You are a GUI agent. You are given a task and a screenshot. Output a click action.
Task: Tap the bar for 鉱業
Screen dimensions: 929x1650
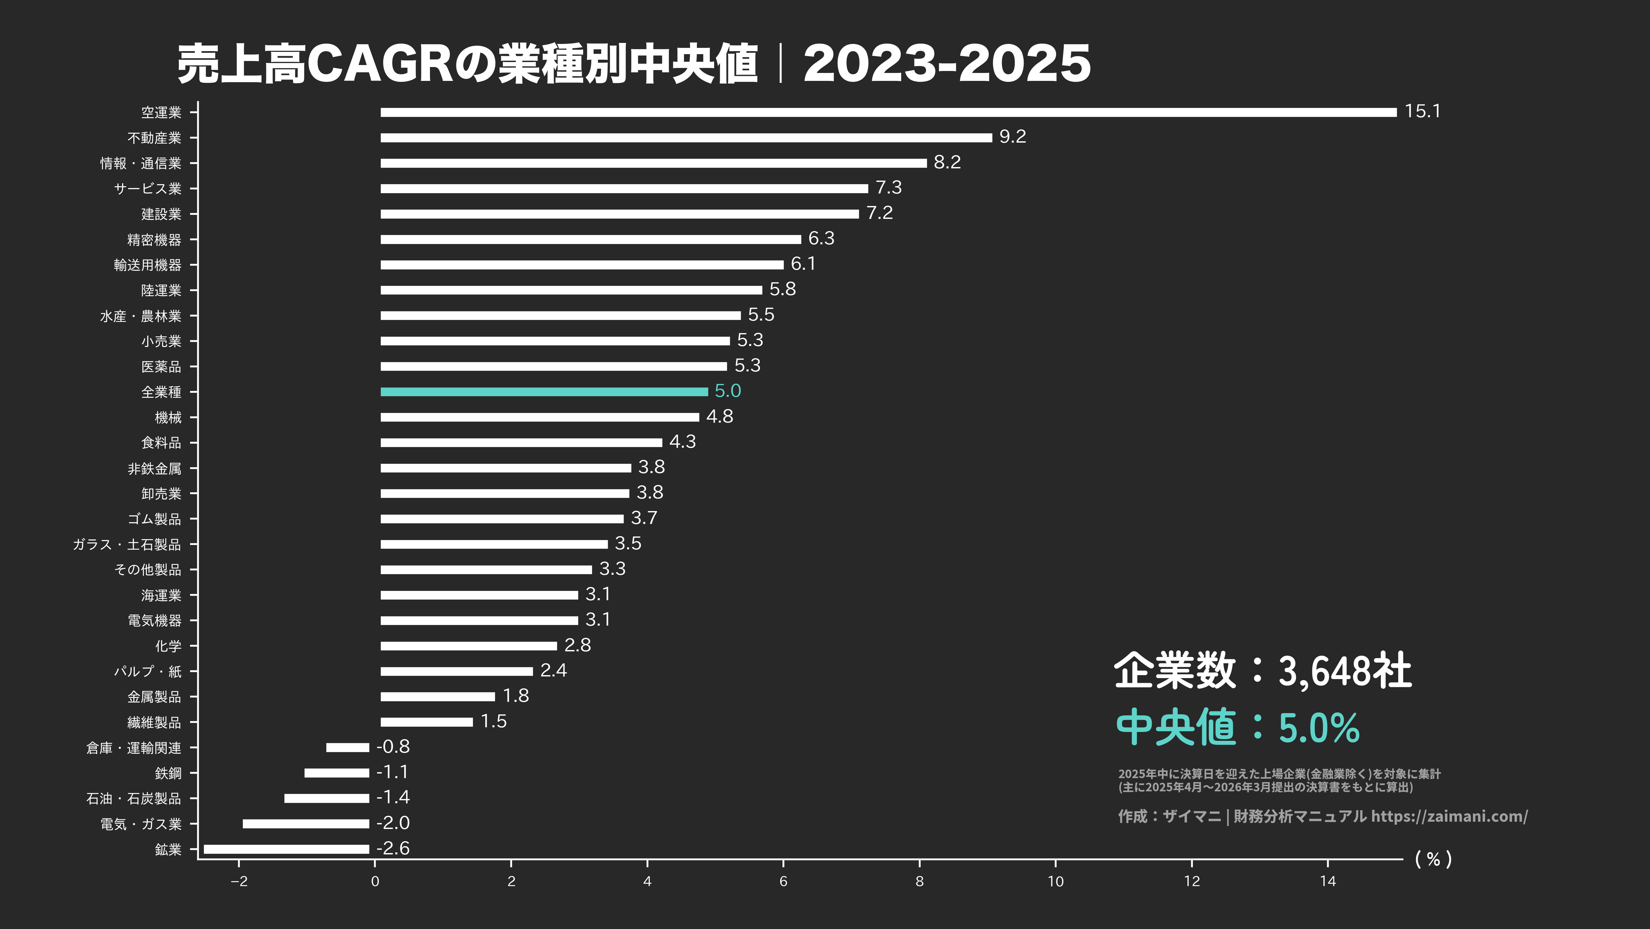coord(286,849)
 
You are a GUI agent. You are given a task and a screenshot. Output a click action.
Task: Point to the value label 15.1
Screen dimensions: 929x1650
coord(1422,112)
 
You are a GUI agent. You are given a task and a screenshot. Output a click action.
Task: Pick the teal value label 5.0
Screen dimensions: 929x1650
coord(728,391)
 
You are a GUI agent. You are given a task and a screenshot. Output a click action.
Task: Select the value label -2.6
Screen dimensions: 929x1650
coord(393,848)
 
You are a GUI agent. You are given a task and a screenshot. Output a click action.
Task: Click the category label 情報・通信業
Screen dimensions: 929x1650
coord(140,163)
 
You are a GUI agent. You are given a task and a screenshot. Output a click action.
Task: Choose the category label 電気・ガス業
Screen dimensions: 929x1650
coord(140,824)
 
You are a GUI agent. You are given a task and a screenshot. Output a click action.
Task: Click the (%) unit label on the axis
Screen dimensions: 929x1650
coord(1433,859)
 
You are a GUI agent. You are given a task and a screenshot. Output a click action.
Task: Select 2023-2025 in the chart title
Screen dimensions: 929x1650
coord(947,64)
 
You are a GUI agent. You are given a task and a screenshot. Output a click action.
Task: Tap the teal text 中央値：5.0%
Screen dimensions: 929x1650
coord(1237,727)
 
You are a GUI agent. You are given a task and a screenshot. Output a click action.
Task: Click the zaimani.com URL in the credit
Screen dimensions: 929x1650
coord(1449,816)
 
